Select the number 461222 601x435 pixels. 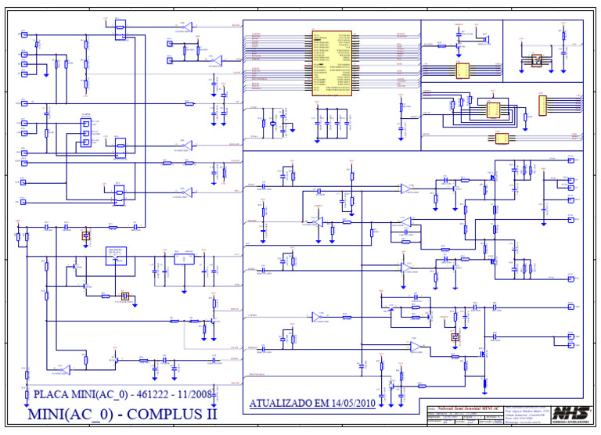(146, 394)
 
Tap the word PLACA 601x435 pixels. (55, 394)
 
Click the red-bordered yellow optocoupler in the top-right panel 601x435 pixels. (536, 59)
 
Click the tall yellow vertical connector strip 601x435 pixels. (542, 105)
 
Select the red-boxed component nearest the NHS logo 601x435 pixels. (455, 337)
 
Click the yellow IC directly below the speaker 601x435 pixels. (462, 71)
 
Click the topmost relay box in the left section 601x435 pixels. (120, 30)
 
